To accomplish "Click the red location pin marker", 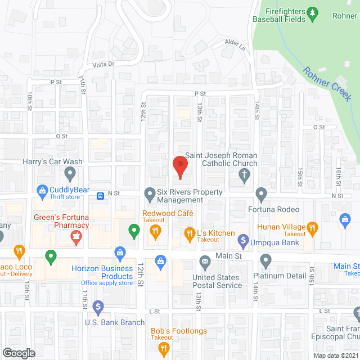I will click(x=179, y=165).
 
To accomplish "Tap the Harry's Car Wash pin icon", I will click(x=70, y=173).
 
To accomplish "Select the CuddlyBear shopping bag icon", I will click(x=42, y=190).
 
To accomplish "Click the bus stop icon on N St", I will click(x=100, y=196).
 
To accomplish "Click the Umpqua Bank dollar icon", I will click(x=243, y=242).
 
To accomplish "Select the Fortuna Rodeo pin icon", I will click(x=261, y=195).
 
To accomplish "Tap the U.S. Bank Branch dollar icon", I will click(x=98, y=307).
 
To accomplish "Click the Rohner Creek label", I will click(x=327, y=84).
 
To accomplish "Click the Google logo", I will click(x=18, y=353).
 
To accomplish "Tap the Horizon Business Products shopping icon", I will click(x=119, y=252).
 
